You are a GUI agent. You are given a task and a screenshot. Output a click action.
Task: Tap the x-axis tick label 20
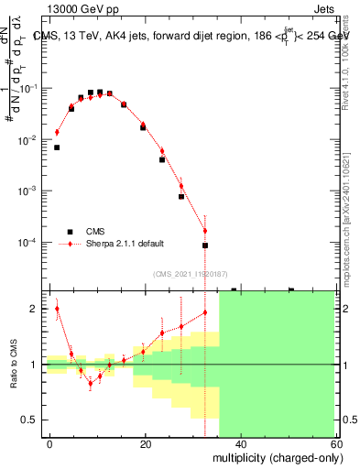click(145, 443)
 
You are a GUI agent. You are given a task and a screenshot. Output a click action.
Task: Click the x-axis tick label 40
click(240, 443)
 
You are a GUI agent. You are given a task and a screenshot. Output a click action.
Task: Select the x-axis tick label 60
click(334, 443)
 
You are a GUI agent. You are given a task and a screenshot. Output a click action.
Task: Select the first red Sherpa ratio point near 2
click(57, 309)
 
